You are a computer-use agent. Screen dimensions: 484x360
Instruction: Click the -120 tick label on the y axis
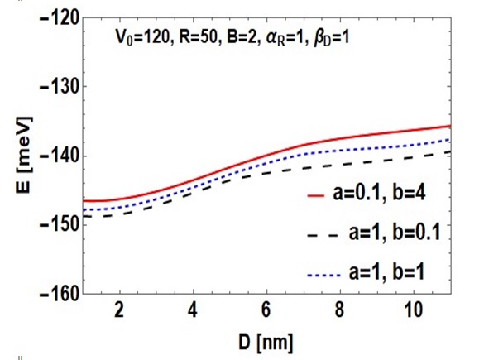click(60, 18)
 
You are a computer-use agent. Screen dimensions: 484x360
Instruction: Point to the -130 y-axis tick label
click(60, 87)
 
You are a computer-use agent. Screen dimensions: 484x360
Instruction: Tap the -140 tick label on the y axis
click(60, 156)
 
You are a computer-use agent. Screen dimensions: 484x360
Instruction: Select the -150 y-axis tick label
click(60, 225)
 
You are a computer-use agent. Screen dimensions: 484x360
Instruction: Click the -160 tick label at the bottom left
click(60, 294)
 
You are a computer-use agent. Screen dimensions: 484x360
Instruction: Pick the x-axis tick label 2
click(119, 310)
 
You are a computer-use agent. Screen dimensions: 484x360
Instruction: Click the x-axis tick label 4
click(193, 310)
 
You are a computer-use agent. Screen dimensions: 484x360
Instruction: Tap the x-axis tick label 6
click(266, 310)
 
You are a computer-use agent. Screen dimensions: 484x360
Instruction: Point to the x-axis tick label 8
click(339, 310)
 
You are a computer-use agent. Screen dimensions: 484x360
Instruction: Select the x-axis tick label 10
click(413, 310)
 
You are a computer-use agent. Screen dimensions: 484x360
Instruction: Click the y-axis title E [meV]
click(24, 155)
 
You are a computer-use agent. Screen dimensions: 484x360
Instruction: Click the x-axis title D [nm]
click(266, 343)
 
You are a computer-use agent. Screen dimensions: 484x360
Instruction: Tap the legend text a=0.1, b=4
click(380, 194)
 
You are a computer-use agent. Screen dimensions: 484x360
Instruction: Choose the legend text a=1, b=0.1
click(395, 233)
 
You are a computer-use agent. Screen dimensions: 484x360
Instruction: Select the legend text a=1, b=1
click(387, 272)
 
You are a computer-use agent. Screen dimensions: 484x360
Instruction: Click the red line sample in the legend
click(316, 196)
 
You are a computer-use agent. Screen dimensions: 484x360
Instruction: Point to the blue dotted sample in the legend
click(324, 275)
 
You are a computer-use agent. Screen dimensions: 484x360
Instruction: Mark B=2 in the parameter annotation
click(242, 38)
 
